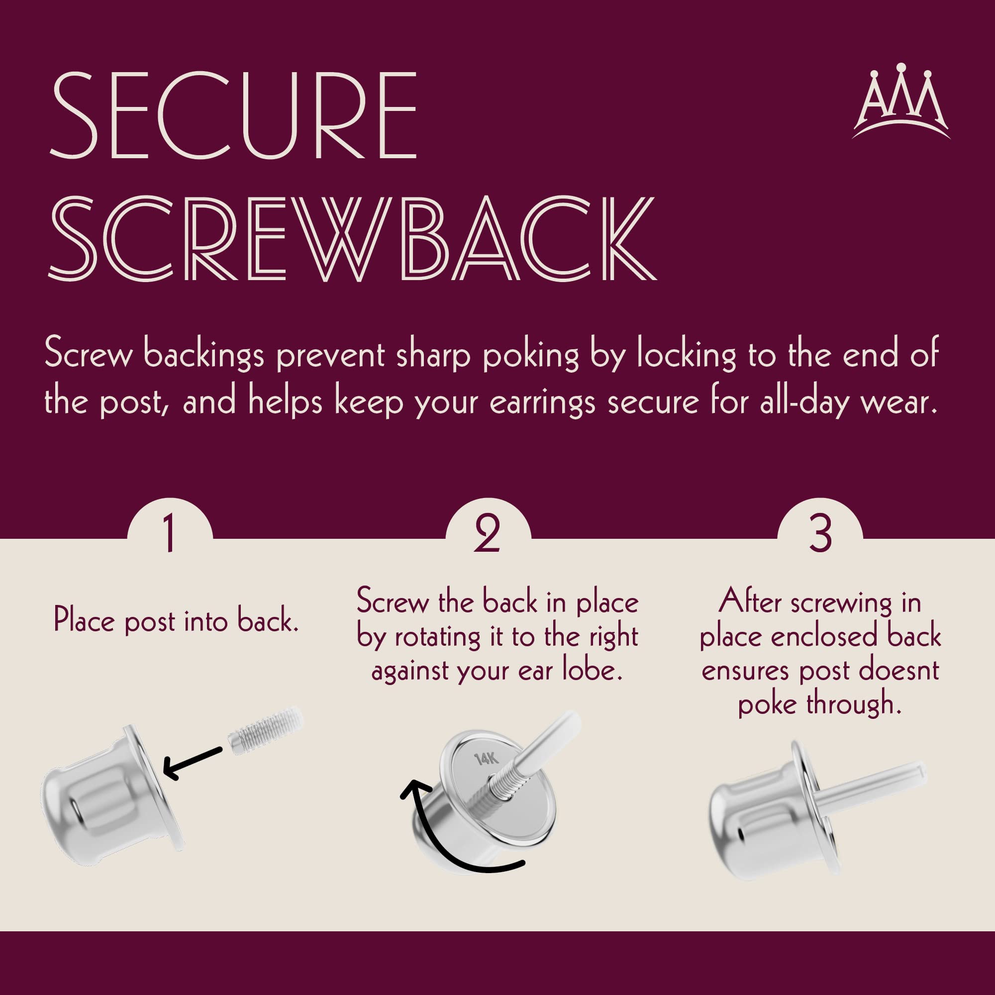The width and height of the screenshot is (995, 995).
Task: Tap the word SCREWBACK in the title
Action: coord(353,238)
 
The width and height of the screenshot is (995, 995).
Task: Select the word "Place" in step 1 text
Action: coord(84,620)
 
